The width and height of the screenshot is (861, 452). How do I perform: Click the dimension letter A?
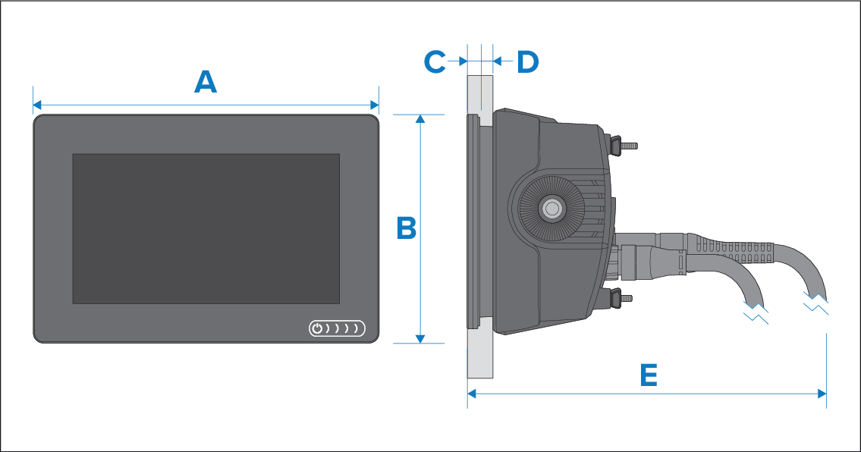[206, 82]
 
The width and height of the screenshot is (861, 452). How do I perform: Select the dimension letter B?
[407, 228]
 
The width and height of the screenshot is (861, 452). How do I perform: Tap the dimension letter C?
[435, 61]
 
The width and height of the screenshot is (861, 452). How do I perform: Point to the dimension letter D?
[527, 62]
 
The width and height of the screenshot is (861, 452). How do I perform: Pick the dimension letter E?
[647, 375]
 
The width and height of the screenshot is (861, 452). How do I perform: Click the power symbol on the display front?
[318, 328]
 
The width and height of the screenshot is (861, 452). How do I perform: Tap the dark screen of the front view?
[206, 228]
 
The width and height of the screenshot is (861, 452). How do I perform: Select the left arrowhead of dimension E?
[471, 394]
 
